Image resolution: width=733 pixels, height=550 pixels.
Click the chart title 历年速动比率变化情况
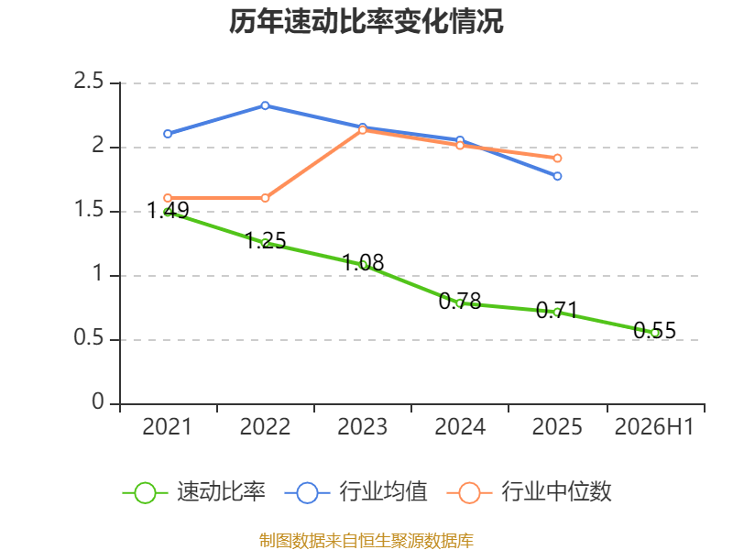point(366,21)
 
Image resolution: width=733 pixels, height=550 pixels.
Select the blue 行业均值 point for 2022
point(265,105)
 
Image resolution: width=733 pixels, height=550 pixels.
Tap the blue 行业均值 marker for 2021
point(168,134)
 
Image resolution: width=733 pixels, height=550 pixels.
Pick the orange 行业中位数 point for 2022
point(265,198)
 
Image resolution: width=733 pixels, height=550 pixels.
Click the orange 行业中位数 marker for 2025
point(557,159)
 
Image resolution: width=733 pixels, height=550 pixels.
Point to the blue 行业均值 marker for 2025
point(557,176)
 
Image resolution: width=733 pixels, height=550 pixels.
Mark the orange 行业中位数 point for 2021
point(168,198)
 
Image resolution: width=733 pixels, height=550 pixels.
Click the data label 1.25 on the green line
point(266,240)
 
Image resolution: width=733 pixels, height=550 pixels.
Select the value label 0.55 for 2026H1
point(654,330)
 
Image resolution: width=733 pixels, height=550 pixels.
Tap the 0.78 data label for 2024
point(460,301)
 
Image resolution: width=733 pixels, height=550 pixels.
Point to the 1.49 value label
point(168,210)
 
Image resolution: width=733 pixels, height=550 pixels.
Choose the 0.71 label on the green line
point(557,310)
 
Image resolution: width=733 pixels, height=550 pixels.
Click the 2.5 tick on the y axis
point(88,81)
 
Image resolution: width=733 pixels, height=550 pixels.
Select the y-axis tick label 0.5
point(88,337)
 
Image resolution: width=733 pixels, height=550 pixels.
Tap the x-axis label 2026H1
point(654,426)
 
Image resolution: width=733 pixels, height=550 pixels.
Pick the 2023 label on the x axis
point(362,426)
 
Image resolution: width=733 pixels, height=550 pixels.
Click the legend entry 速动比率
point(194,492)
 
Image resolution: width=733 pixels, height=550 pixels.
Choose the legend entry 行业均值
point(356,492)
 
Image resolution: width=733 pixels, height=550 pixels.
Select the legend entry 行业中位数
point(529,492)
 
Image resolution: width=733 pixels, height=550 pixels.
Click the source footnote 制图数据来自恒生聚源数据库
point(366,541)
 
